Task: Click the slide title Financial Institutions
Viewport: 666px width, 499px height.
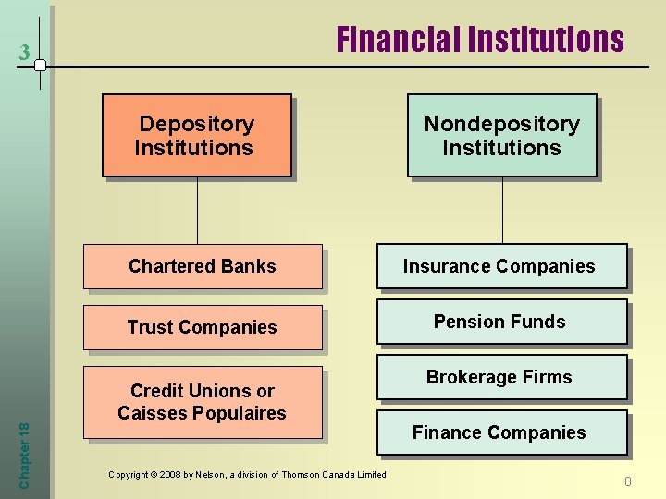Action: click(x=480, y=40)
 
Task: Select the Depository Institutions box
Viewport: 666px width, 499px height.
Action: click(x=196, y=135)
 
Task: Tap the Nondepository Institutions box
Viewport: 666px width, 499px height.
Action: click(x=501, y=135)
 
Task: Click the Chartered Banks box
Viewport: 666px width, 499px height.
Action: click(x=203, y=266)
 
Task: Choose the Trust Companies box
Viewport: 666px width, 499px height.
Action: click(x=203, y=327)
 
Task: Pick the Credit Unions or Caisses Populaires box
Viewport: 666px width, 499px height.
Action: click(x=203, y=402)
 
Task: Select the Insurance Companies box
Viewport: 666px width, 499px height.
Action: click(x=500, y=266)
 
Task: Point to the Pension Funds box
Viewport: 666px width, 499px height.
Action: click(x=500, y=322)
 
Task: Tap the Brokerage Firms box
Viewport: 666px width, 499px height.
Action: click(x=500, y=377)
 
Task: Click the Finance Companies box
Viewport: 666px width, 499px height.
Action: click(x=500, y=432)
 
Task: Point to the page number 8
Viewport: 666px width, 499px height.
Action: click(x=627, y=481)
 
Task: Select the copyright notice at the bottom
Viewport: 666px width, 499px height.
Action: click(x=247, y=474)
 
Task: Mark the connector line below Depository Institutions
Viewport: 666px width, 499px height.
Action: click(x=197, y=210)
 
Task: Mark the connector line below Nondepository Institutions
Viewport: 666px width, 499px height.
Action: click(x=502, y=210)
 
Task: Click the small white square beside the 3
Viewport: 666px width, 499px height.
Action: click(x=40, y=66)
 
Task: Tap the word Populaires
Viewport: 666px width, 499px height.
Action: click(x=243, y=413)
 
